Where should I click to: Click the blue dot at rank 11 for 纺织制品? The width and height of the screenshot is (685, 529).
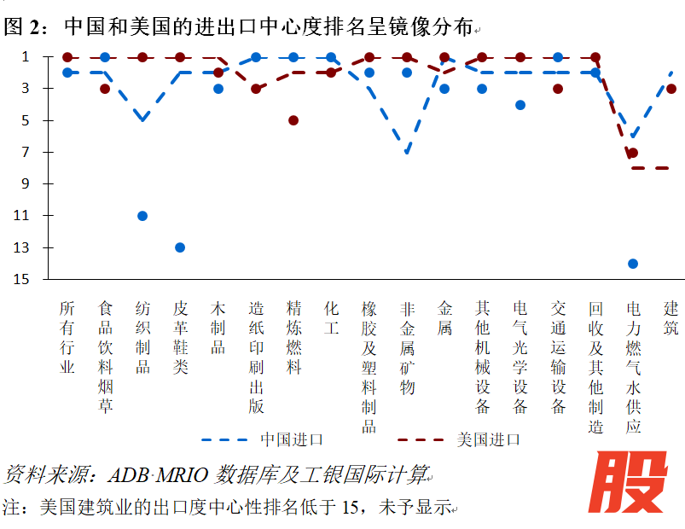[142, 216]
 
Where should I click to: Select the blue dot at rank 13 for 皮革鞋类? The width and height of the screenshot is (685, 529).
[180, 247]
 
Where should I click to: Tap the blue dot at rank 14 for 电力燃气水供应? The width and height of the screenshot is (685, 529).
[633, 264]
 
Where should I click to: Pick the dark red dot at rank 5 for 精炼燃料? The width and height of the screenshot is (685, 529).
[293, 120]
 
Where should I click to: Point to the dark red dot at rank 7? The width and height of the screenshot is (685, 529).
[633, 153]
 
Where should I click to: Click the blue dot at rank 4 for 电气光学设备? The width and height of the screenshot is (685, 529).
[520, 105]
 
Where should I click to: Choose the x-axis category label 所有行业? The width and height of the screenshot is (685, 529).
[67, 337]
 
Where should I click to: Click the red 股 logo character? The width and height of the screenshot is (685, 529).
[633, 484]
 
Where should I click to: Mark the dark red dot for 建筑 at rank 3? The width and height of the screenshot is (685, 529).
[671, 89]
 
